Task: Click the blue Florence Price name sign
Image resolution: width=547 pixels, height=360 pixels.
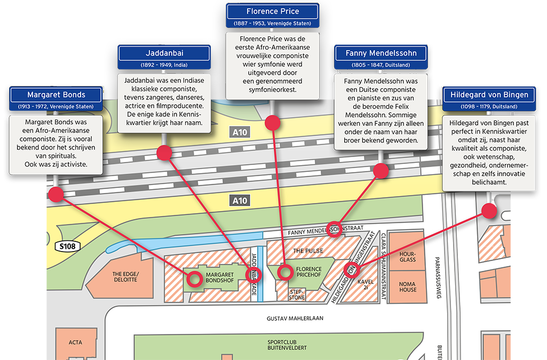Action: [273, 11]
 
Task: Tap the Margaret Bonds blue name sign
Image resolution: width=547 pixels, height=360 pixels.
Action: [56, 95]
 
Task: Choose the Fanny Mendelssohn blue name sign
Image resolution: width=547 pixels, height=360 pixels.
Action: [381, 53]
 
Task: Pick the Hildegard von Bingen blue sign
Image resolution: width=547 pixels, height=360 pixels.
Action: [489, 95]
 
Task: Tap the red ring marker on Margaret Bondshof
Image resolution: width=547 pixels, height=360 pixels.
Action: [195, 278]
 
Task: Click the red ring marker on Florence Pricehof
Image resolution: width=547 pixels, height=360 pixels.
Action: [286, 272]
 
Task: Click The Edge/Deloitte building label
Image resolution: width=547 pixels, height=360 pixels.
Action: [125, 276]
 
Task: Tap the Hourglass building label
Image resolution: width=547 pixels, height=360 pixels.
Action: [408, 256]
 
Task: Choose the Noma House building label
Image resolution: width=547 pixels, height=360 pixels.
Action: [408, 287]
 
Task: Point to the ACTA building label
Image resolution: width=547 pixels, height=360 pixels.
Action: [75, 342]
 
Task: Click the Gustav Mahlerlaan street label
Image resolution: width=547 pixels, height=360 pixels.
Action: [295, 318]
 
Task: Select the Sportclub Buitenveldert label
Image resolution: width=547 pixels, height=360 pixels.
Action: [287, 345]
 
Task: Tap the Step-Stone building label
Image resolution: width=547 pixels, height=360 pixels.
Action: [297, 294]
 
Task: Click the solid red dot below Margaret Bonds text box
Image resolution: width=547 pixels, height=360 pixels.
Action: [56, 194]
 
